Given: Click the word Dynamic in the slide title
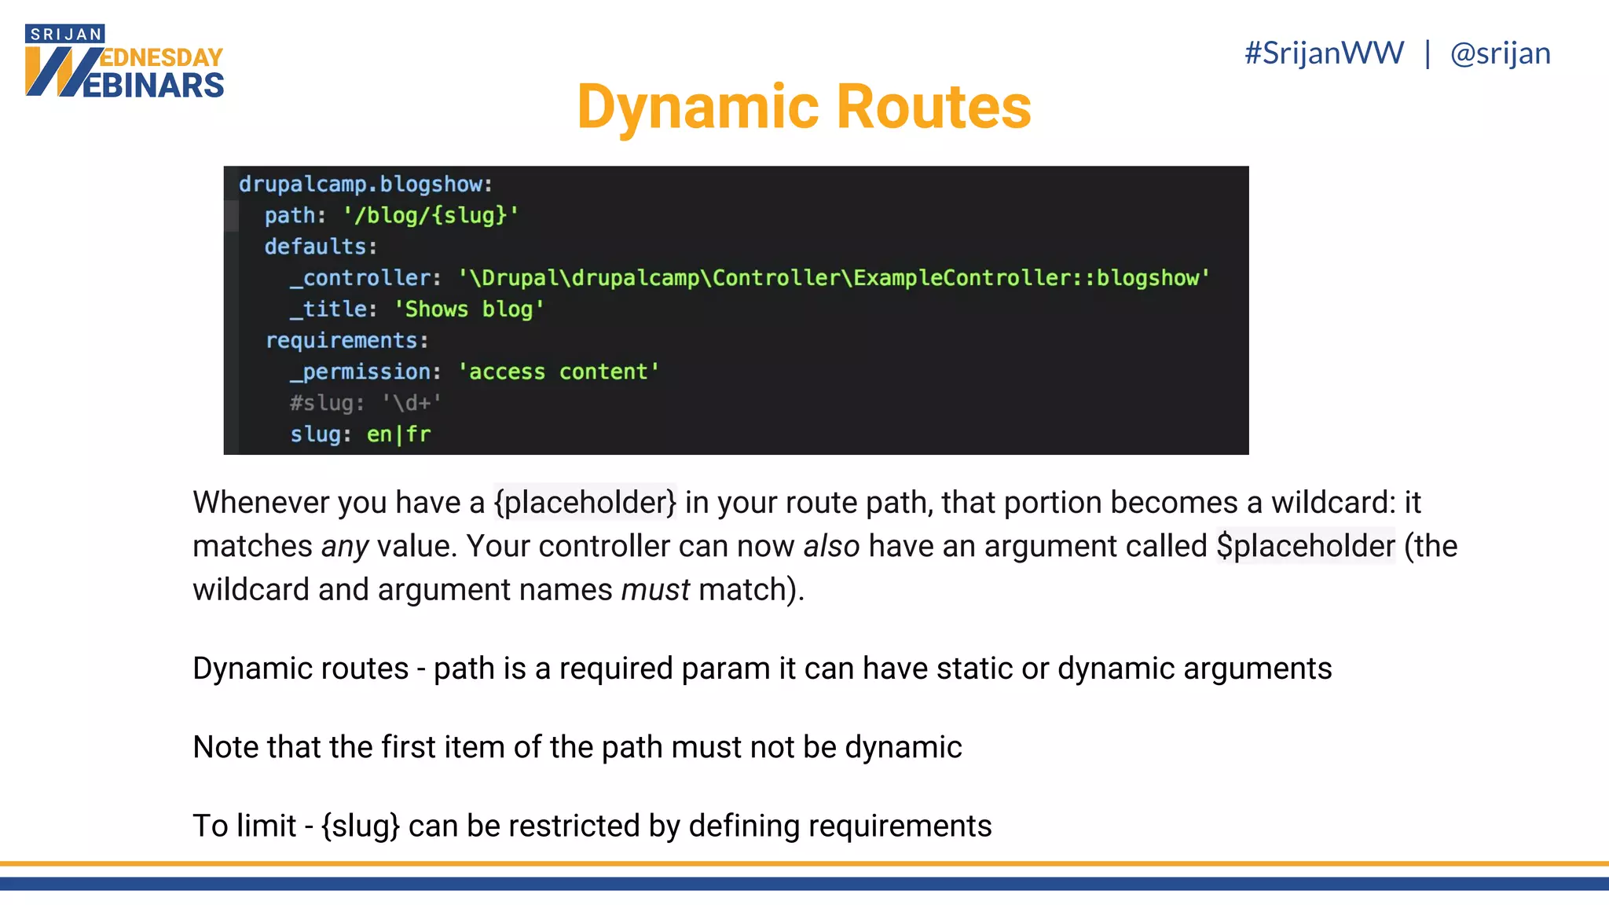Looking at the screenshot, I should (700, 108).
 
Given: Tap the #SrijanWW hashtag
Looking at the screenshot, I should (1324, 53).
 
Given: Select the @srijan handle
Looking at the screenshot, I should (1500, 53).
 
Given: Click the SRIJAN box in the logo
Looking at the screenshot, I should (65, 35).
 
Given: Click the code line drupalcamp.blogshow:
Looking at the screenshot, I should (365, 185).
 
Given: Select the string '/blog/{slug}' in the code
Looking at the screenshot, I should (431, 215).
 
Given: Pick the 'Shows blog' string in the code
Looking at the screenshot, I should (469, 310).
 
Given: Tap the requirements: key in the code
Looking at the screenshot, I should (346, 341).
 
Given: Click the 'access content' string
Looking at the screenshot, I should (559, 372).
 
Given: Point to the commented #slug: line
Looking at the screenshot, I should (365, 403).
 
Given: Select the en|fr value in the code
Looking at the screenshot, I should (398, 434).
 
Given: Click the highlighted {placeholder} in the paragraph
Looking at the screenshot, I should (585, 503).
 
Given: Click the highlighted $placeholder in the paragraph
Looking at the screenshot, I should (1305, 546).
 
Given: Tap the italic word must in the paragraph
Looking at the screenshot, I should (655, 590).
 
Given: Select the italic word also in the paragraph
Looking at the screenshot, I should (831, 546).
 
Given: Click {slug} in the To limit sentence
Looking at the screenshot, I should (361, 826).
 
